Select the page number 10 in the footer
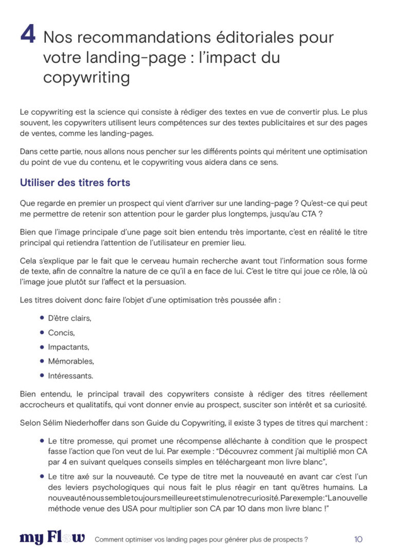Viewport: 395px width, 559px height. tap(358, 539)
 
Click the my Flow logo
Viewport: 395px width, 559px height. tap(52, 538)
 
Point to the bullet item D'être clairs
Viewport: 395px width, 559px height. tap(69, 318)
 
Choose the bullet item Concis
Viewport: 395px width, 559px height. tap(62, 333)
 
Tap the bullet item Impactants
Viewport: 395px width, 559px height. tap(68, 347)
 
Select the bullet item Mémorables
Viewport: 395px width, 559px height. tap(71, 362)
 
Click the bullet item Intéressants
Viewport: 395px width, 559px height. tap(70, 376)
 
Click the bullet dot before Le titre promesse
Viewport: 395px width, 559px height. tap(42, 441)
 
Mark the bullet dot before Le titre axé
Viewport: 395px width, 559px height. tap(42, 477)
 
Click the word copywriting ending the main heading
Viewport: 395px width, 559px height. tap(86, 78)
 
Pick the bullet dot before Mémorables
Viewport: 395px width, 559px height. tap(42, 361)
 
